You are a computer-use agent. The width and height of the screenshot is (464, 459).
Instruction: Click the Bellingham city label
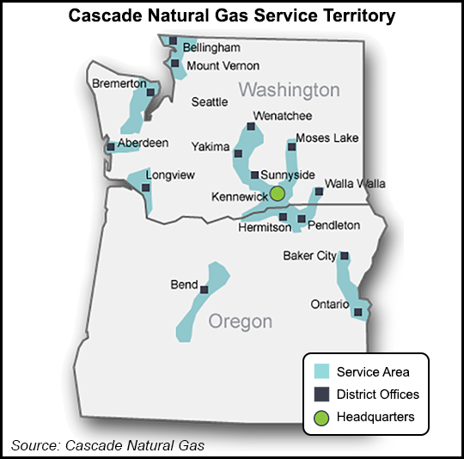click(211, 46)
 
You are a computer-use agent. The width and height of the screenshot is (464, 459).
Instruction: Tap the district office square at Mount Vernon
click(174, 64)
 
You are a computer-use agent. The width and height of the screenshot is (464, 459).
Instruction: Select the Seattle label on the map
click(210, 101)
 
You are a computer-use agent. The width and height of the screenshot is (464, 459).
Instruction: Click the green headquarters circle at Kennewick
click(278, 193)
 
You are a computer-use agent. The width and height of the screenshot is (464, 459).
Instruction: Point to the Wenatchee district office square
click(251, 127)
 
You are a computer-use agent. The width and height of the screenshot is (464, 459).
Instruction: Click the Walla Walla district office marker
click(319, 192)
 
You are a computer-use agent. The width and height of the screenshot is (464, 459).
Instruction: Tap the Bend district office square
click(204, 289)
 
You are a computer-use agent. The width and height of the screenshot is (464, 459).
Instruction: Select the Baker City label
click(310, 256)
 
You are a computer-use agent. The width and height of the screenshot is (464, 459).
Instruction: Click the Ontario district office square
click(357, 312)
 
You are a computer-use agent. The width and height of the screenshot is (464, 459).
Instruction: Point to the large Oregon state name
click(241, 322)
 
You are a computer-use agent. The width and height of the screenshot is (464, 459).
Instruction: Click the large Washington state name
click(290, 90)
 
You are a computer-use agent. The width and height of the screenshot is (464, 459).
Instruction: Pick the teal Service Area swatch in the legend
click(322, 372)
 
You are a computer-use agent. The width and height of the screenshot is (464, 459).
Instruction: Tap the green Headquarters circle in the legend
click(322, 417)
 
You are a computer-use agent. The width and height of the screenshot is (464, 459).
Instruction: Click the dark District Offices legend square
click(322, 395)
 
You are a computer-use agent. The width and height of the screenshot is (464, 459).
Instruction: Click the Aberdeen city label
click(143, 144)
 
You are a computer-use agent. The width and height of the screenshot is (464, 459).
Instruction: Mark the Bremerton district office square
click(150, 93)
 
